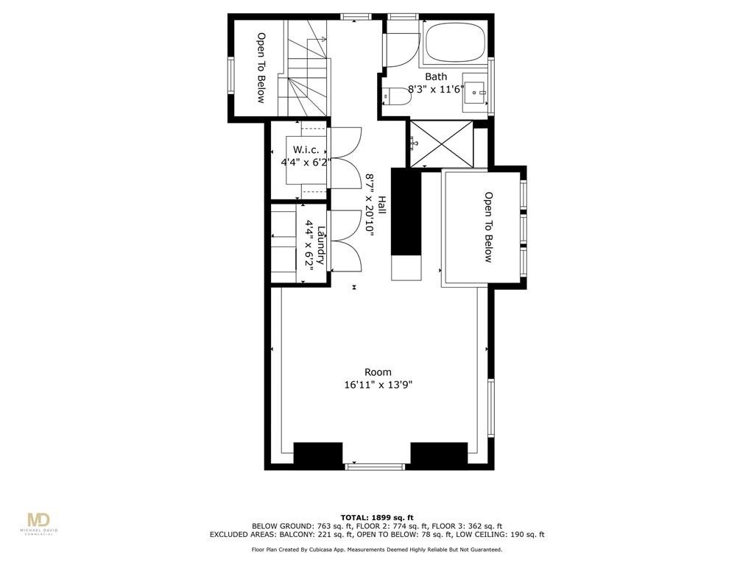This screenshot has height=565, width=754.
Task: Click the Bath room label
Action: click(x=436, y=77)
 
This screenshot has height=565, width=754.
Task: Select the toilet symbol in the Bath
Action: click(x=397, y=96)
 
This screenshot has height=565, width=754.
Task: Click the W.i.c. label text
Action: click(x=305, y=150)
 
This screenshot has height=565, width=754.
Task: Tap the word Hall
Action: click(x=382, y=205)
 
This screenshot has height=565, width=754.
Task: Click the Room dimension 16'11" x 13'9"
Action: click(x=377, y=384)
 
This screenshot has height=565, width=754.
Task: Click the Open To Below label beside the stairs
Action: click(x=261, y=67)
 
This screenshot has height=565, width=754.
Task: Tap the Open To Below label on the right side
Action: click(x=487, y=227)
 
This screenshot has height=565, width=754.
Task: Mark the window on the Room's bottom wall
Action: click(x=376, y=466)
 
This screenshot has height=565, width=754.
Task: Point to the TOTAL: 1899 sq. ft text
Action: click(x=377, y=517)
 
